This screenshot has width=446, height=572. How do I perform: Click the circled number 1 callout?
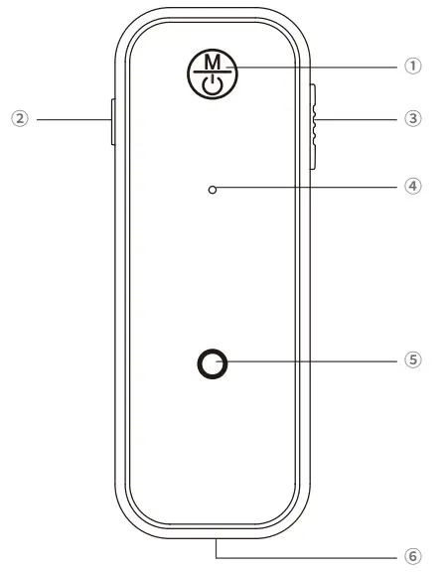pyautogui.click(x=413, y=67)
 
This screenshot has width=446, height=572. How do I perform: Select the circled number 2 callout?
pyautogui.click(x=20, y=118)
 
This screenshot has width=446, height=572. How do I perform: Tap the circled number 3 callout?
pyautogui.click(x=413, y=118)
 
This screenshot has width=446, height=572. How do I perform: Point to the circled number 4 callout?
pyautogui.click(x=413, y=187)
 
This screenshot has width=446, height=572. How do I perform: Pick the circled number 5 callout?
pyautogui.click(x=413, y=360)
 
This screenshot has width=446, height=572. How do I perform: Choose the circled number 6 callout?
pyautogui.click(x=413, y=557)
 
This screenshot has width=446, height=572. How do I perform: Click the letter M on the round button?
pyautogui.click(x=213, y=62)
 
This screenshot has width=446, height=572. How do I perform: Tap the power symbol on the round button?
pyautogui.click(x=212, y=85)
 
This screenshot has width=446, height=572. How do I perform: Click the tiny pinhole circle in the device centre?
pyautogui.click(x=212, y=190)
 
